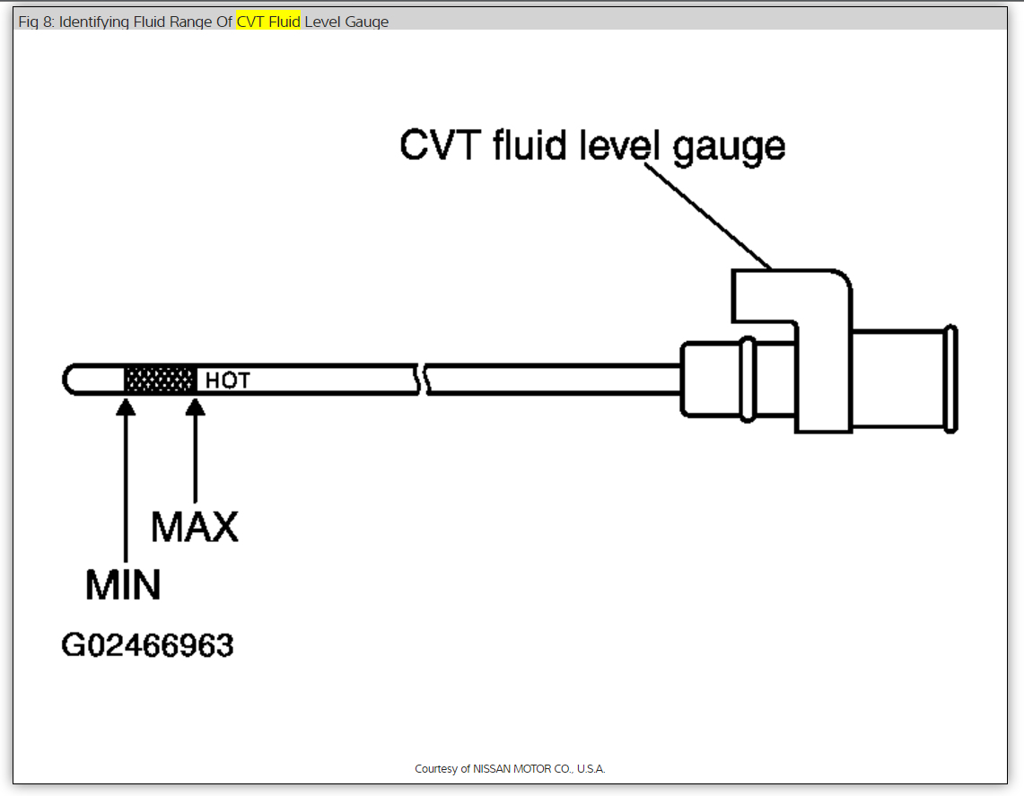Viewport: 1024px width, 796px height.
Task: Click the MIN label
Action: [123, 585]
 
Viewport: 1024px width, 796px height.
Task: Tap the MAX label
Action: [195, 527]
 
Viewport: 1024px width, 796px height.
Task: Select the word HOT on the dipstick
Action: [227, 381]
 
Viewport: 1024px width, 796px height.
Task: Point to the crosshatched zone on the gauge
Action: [160, 380]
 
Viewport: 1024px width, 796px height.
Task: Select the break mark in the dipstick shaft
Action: [422, 380]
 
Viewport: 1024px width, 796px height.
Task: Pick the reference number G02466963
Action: [147, 645]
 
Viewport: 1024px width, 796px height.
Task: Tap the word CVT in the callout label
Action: [440, 145]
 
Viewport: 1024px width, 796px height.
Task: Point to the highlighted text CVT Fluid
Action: [268, 22]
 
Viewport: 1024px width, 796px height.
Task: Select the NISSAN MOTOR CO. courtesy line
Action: [510, 769]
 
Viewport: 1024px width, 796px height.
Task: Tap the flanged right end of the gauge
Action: [951, 380]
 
